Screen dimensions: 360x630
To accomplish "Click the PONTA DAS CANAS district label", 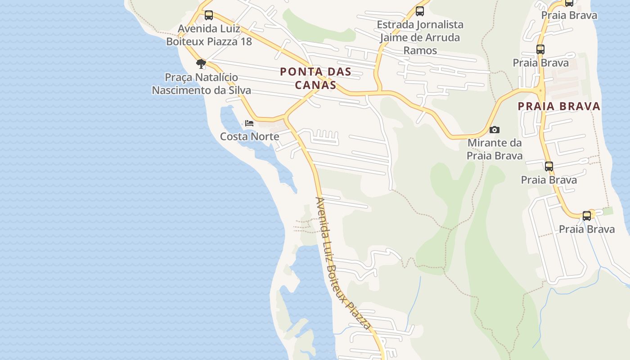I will click(x=315, y=78).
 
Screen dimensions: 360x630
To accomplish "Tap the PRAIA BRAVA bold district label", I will click(x=559, y=106).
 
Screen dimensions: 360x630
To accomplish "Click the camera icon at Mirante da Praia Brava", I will click(x=495, y=130).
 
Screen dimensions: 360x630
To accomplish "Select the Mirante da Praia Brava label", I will click(x=495, y=149).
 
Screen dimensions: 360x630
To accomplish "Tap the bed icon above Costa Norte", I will click(x=249, y=123).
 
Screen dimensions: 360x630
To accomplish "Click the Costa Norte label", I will click(x=249, y=136).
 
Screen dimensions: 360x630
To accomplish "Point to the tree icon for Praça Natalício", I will click(x=201, y=63).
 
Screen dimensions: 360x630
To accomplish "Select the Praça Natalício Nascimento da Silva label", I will click(x=201, y=84).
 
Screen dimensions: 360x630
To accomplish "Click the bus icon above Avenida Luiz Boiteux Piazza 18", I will click(x=209, y=15).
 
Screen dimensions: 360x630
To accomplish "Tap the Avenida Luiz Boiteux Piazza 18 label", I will click(x=209, y=35).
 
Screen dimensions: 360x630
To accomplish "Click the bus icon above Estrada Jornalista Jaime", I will click(x=420, y=11).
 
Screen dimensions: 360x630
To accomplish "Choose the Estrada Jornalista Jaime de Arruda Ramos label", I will click(x=420, y=37).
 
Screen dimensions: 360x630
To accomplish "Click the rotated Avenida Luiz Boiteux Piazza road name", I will click(x=343, y=263).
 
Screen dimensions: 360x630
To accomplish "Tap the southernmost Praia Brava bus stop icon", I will click(x=587, y=216).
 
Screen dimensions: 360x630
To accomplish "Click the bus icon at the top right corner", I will click(x=569, y=2).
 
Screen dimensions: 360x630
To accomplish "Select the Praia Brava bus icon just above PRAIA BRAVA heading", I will click(x=540, y=49).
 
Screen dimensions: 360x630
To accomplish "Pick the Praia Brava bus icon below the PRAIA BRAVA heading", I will click(x=549, y=166).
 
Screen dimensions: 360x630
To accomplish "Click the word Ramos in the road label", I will click(x=420, y=50).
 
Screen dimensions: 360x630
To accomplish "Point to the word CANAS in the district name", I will click(x=315, y=85).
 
